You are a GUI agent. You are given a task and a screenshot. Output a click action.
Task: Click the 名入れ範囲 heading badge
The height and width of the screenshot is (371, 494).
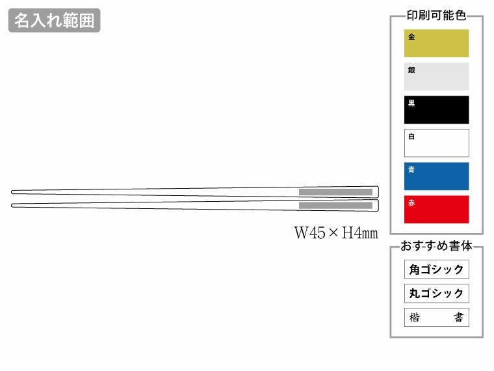point(55,21)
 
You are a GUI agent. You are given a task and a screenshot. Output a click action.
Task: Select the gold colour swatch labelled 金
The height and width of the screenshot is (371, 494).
point(436,44)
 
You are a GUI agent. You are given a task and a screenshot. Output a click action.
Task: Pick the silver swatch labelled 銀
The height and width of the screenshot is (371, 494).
point(436,77)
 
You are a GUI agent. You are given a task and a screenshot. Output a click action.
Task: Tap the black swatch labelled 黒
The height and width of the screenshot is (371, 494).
point(436,110)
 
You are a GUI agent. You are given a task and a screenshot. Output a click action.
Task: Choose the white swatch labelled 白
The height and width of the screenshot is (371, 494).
point(436,143)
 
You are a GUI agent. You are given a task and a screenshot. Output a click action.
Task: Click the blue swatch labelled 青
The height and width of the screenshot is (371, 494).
point(436,176)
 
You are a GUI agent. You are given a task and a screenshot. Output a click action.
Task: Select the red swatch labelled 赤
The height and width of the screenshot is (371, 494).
point(436,210)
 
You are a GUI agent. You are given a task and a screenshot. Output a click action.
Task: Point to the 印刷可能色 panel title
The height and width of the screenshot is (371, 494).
point(436,16)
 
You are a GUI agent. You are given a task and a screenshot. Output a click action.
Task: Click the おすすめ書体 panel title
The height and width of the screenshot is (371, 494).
point(436,247)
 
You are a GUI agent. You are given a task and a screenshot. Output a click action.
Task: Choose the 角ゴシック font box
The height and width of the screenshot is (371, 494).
point(436,269)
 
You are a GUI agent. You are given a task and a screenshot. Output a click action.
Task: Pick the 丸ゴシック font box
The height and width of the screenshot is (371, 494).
point(436,294)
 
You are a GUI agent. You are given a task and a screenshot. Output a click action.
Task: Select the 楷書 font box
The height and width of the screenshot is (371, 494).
point(436,318)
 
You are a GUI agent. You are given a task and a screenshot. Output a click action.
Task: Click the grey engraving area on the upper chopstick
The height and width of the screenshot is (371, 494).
point(335,192)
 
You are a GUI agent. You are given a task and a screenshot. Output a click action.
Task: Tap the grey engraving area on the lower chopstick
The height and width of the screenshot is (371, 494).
point(335,206)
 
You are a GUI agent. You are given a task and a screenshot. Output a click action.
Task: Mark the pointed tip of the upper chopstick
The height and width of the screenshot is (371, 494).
point(13,192)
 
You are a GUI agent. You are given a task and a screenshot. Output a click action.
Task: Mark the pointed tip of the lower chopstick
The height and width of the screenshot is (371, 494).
point(13,205)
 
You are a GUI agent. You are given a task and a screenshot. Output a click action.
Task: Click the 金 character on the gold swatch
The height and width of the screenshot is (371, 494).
point(411,37)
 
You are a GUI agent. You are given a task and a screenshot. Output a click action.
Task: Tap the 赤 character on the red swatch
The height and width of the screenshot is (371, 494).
point(411,203)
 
